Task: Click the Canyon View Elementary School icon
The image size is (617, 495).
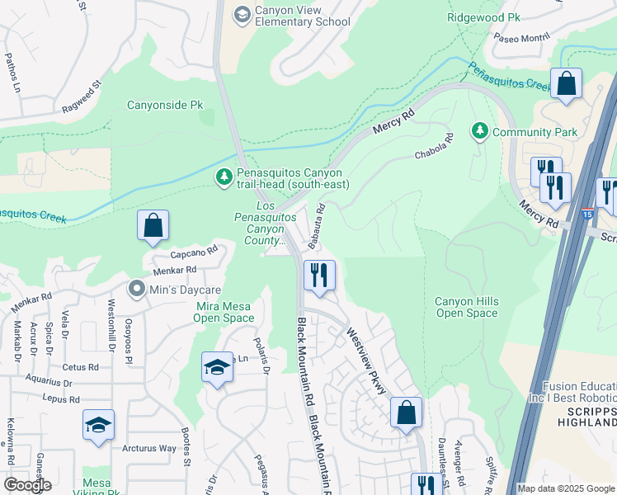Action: pos(242,14)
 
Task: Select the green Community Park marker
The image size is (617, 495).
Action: pos(479,131)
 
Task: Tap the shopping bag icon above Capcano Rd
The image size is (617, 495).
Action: pos(153,225)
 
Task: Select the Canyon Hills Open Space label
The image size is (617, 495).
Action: pos(466,307)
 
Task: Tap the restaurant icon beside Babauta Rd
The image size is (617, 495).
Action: pos(318,276)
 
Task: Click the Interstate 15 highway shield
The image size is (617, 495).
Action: pos(586,213)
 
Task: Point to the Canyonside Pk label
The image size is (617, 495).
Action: pos(165,106)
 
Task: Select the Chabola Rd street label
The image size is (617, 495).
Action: pos(434,148)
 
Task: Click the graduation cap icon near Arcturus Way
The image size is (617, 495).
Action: pos(98,425)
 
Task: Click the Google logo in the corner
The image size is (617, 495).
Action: pos(27,485)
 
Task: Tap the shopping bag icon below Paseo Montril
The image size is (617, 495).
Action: pos(566,83)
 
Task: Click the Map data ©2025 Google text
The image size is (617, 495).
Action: pos(566,488)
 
